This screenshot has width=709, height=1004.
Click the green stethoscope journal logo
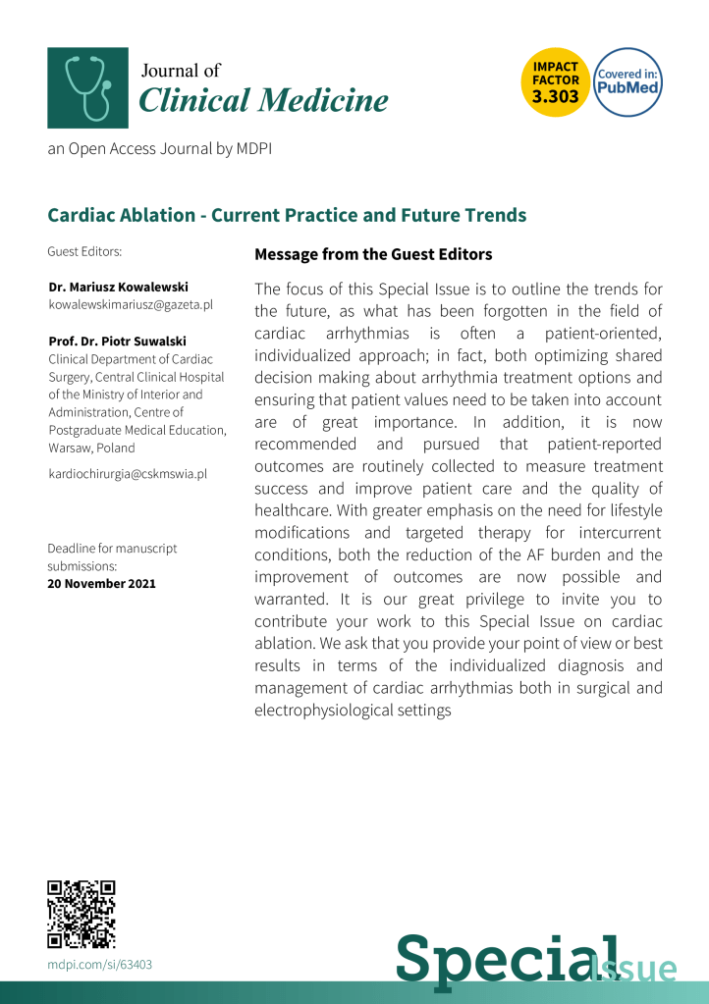coord(87,87)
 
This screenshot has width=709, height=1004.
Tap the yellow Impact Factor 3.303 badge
coord(556,82)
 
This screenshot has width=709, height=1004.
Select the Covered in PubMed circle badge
coord(628,82)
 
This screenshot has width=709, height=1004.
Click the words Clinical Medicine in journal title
coord(263,100)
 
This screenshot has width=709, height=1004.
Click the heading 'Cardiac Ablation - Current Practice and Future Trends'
coord(287,215)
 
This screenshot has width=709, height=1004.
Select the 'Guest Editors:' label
coord(84,252)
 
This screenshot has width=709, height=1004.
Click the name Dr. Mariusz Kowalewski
coord(118,287)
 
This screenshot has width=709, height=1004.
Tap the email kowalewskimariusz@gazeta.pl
coord(131,305)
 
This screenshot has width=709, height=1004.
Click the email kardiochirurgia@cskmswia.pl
coord(128,474)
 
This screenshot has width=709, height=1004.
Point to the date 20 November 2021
coord(101,584)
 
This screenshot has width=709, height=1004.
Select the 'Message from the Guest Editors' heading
coord(373,254)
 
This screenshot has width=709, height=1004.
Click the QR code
coord(82,915)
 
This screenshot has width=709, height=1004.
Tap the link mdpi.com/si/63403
coord(100,964)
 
